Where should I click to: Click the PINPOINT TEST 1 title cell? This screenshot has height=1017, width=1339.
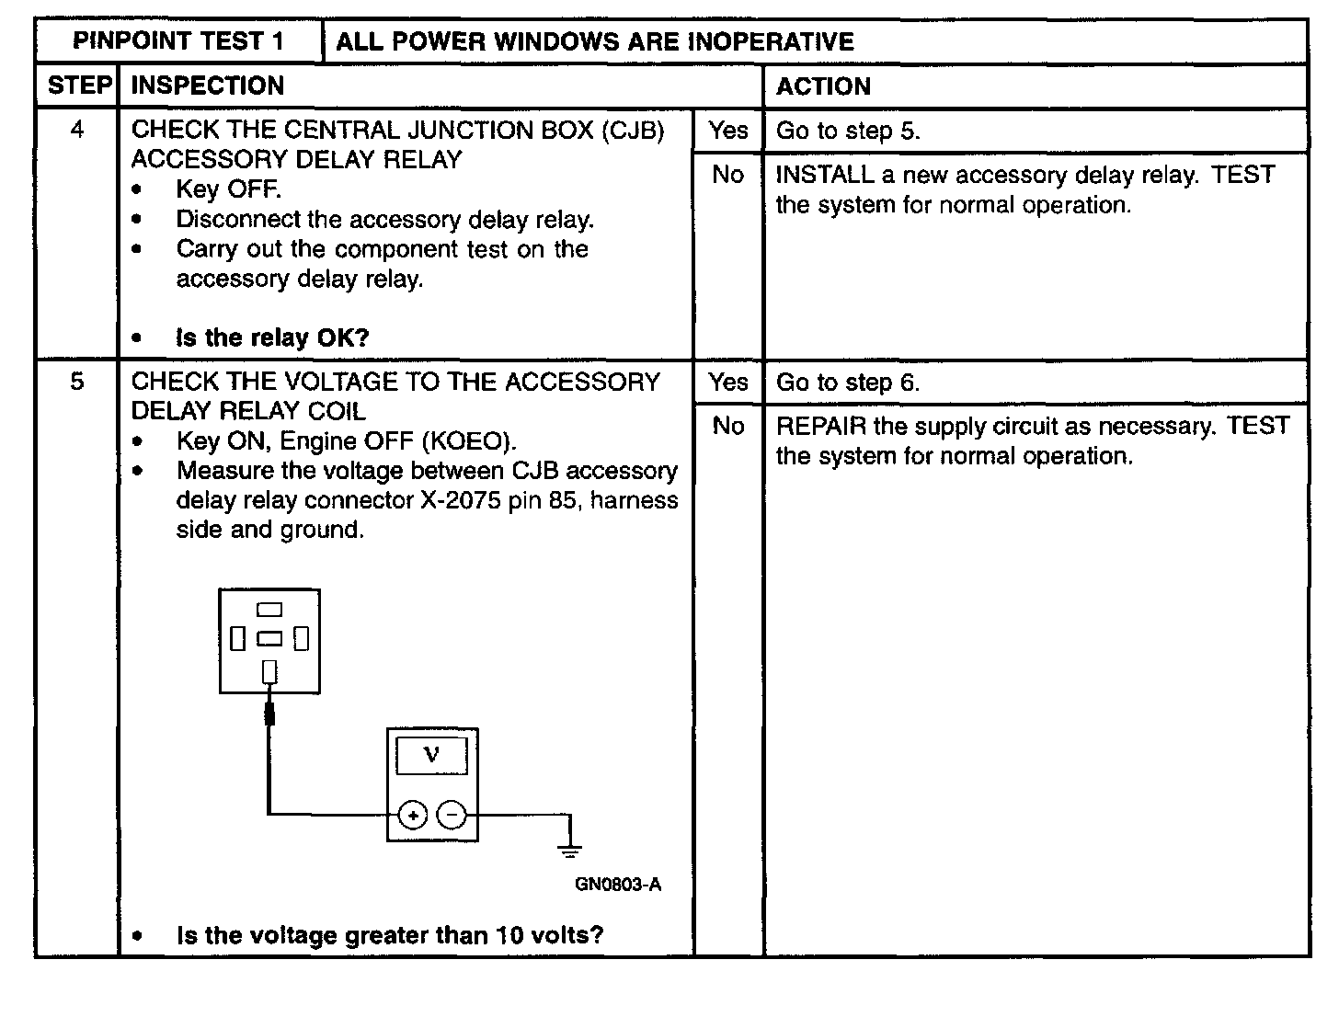click(178, 41)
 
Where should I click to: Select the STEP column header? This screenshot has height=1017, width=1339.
click(78, 86)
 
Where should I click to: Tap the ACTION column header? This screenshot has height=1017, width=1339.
click(823, 86)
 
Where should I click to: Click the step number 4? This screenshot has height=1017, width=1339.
click(77, 130)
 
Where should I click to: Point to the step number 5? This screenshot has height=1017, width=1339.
click(77, 382)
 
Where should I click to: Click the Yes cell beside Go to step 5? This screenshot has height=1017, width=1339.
click(728, 131)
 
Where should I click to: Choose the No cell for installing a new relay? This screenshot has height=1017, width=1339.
click(728, 175)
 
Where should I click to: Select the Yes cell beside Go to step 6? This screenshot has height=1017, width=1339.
click(728, 382)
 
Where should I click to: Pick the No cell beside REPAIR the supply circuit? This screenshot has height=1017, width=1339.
click(728, 426)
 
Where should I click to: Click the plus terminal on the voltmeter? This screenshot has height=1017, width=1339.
click(413, 815)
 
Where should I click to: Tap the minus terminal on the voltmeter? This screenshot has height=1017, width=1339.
click(452, 815)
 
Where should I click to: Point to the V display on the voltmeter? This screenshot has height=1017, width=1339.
click(431, 756)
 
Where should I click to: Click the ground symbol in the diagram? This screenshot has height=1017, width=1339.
click(570, 849)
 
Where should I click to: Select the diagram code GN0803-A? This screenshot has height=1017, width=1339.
click(618, 885)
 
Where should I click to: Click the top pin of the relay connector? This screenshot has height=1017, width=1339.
click(269, 609)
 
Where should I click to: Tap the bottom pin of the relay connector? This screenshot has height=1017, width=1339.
click(269, 672)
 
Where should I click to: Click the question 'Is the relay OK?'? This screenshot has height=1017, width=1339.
click(272, 337)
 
